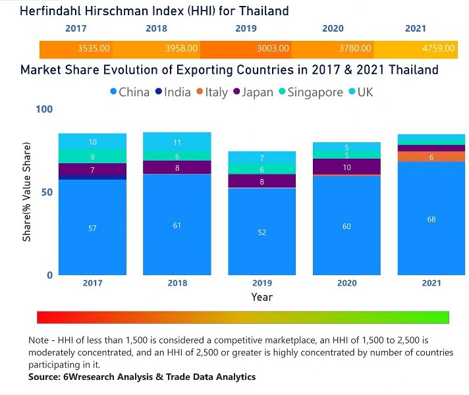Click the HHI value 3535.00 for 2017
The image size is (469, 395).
coord(94,49)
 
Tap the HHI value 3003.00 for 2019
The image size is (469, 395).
coord(272,49)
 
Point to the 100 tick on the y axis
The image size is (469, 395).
coord(43,109)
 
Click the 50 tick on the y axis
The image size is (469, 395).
coord(46,192)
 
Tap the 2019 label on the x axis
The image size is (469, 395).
coord(262,283)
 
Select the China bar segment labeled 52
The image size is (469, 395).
coord(262,232)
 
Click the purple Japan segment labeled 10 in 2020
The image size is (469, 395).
coord(346,167)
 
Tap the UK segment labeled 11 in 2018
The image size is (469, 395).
coord(177,142)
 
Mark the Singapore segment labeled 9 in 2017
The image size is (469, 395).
coord(92,156)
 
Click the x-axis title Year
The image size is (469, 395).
coord(262,297)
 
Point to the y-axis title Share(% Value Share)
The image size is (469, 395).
coord(27,192)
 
